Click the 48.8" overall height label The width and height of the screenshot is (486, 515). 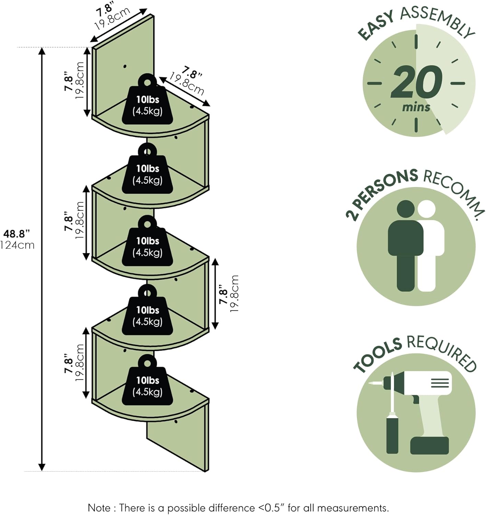(17, 234)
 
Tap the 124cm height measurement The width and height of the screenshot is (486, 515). (18, 245)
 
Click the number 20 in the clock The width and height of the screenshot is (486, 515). (416, 82)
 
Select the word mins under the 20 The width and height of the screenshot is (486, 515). (416, 107)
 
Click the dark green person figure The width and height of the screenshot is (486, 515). (406, 245)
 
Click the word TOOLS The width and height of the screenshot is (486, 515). (378, 355)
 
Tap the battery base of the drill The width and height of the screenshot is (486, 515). (429, 445)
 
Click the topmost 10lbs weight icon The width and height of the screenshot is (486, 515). (147, 100)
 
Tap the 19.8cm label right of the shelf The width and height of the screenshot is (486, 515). (234, 294)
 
